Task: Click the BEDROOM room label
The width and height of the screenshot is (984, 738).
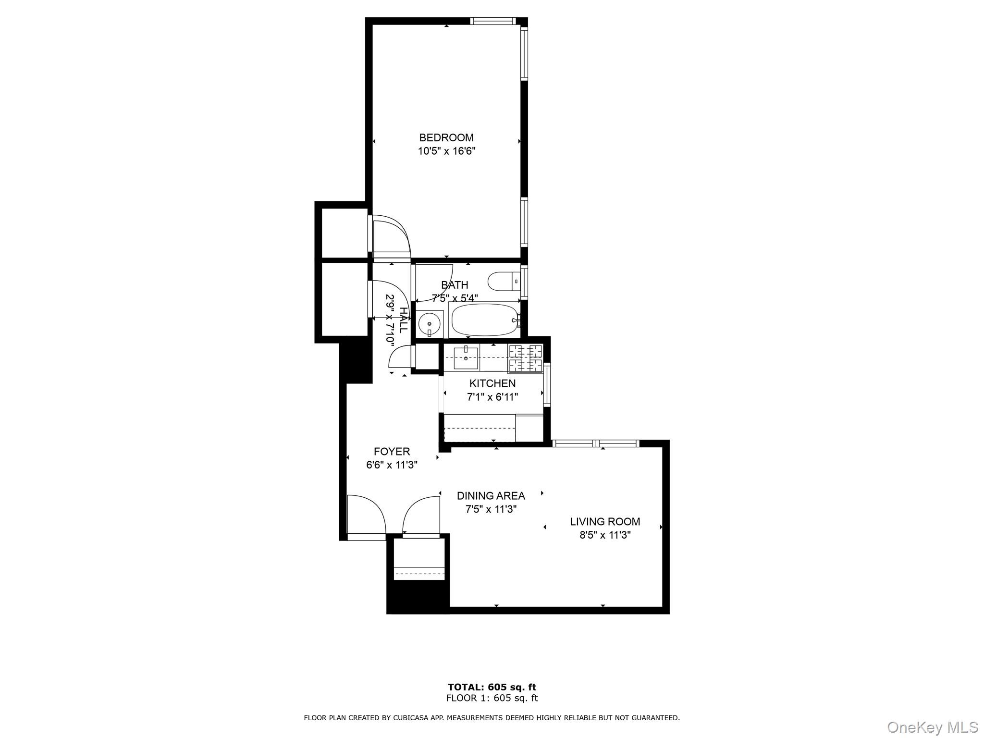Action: click(446, 138)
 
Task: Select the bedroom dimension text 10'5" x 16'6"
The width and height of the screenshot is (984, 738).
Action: click(446, 151)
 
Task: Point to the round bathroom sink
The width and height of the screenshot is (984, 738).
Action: click(429, 324)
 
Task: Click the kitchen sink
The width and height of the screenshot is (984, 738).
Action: click(466, 357)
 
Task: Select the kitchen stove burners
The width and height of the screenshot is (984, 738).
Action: click(525, 358)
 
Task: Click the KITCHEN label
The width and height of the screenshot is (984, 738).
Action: click(492, 383)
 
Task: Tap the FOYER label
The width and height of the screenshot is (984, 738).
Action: click(392, 452)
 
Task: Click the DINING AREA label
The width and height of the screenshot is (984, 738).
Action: click(491, 496)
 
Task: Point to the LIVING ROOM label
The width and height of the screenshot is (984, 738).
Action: click(604, 522)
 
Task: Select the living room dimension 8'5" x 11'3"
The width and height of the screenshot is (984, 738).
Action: click(604, 535)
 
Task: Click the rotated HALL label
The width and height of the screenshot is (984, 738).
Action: click(403, 320)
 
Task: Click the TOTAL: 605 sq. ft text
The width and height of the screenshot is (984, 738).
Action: click(492, 688)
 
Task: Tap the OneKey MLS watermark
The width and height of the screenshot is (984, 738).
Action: click(932, 727)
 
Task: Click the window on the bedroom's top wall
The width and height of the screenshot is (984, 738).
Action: click(492, 21)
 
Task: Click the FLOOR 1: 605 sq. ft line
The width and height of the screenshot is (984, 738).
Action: click(492, 699)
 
